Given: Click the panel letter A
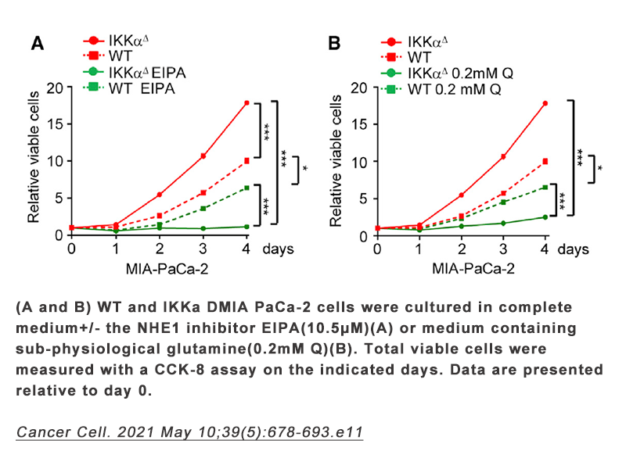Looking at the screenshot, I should tap(37, 44).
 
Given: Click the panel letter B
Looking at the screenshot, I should tap(334, 44).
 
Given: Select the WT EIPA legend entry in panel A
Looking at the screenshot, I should tap(132, 89).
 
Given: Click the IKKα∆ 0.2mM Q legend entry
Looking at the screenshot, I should tap(438, 73).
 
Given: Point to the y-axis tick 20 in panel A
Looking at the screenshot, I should tap(54, 88).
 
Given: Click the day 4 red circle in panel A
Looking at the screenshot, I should tap(246, 102).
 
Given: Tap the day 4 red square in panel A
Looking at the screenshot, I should tap(246, 161).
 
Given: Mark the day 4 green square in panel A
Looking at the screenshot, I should tap(246, 188).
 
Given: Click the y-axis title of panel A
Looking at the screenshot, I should tap(34, 161).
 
